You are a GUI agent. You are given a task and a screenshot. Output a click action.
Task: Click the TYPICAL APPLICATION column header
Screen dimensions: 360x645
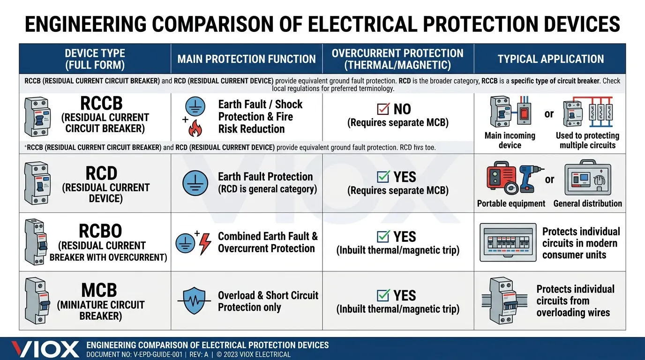point(550,59)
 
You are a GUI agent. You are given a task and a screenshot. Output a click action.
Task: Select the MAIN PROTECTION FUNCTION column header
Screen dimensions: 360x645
point(247,59)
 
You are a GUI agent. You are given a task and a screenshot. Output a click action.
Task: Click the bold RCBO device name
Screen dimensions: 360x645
point(100,231)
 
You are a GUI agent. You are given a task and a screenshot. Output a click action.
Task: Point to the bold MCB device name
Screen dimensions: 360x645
point(99,290)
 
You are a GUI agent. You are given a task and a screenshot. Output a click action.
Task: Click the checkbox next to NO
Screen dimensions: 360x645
point(383,109)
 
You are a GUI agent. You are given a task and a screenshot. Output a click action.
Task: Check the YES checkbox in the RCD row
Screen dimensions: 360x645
point(383,177)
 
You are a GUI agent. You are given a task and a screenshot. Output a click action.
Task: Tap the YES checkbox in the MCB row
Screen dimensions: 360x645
point(383,295)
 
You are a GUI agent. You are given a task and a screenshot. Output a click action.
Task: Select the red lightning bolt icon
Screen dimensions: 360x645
point(205,244)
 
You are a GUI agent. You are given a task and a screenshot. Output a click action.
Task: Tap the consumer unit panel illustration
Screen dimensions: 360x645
point(508,242)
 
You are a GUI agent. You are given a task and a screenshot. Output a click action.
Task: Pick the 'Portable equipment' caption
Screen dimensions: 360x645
point(511,204)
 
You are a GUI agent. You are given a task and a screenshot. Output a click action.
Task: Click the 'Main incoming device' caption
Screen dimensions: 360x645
point(510,140)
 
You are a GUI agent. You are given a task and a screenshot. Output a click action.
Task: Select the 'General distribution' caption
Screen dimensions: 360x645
point(587,204)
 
